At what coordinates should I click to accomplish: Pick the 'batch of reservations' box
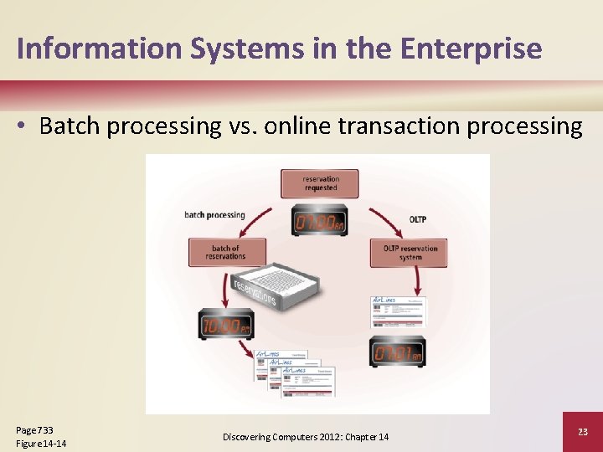tap(226, 252)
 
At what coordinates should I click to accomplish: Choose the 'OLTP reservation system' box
tap(410, 252)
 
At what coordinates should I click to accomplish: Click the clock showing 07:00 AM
tap(319, 221)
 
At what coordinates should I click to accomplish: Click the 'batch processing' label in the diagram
tap(214, 215)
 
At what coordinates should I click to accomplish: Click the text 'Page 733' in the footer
tap(34, 429)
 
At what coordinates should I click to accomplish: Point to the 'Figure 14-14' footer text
tap(41, 443)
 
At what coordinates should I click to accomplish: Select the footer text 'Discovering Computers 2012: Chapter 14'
tap(306, 437)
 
